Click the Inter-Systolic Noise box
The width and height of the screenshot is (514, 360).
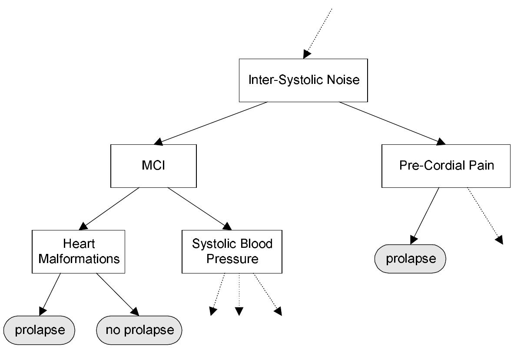pyautogui.click(x=303, y=80)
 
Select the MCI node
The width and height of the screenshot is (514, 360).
pyautogui.click(x=153, y=166)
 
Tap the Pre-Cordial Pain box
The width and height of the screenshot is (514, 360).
pyautogui.click(x=446, y=166)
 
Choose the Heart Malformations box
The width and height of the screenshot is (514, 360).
pyautogui.click(x=79, y=252)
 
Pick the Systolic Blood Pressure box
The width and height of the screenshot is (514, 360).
pyautogui.click(x=232, y=252)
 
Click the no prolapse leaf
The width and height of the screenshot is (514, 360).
pyautogui.click(x=139, y=330)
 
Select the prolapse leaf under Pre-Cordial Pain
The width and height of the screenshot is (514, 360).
pyautogui.click(x=410, y=259)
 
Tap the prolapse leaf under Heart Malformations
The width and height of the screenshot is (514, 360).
pyautogui.click(x=40, y=330)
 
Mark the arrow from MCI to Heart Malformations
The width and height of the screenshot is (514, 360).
pyautogui.click(x=109, y=209)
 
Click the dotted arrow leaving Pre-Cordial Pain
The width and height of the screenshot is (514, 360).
pyautogui.click(x=484, y=215)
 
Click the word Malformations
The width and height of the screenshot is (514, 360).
pyautogui.click(x=79, y=259)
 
